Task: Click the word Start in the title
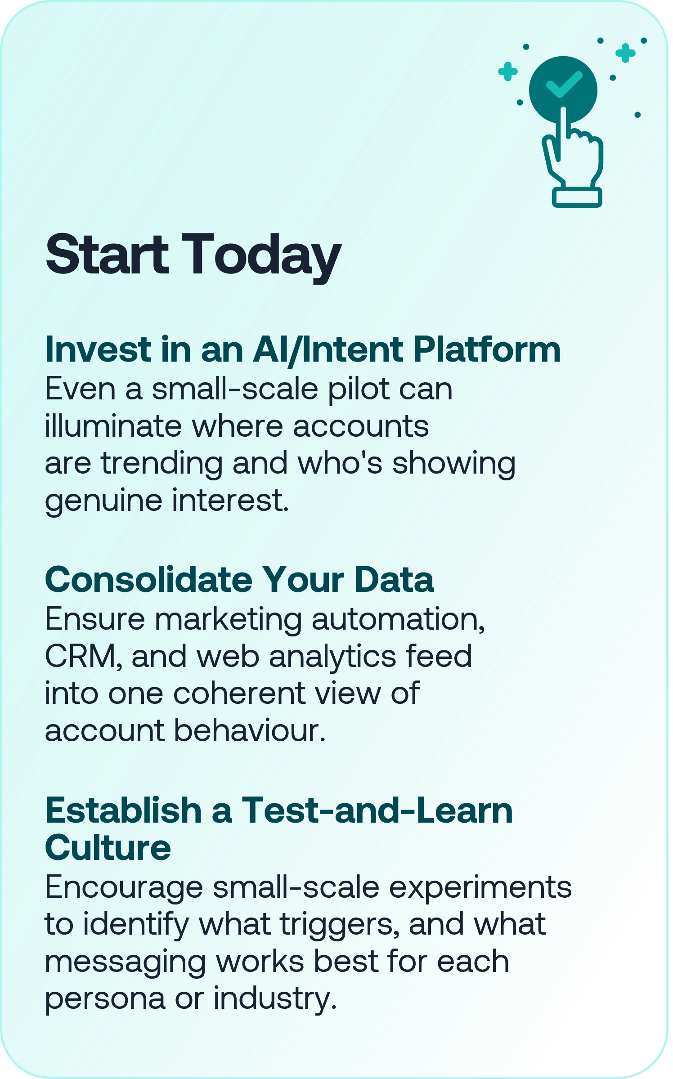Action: coord(107,254)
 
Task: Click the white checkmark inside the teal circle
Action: coord(564,84)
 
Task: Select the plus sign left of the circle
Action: coord(508,72)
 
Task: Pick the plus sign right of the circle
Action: coord(625,53)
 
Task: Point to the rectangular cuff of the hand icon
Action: coord(577,197)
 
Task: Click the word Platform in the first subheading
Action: coord(487,351)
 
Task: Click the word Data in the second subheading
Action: coord(394,580)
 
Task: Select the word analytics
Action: coord(332,658)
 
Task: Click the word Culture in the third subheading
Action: coord(108,848)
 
